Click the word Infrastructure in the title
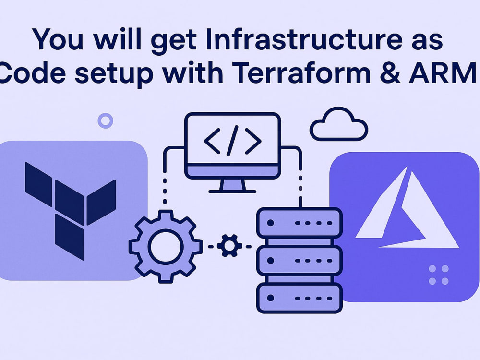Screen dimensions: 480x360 coord(304,39)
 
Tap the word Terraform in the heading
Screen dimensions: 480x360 coord(301,73)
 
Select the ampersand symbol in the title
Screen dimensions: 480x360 coord(390,73)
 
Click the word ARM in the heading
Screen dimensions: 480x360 coord(443,73)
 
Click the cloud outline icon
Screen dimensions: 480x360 coord(339,124)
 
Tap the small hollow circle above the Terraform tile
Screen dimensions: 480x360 coord(105,120)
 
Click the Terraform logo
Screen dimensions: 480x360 coord(71,211)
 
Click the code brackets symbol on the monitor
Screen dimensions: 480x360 coord(233,141)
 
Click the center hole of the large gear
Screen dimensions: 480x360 coord(166,246)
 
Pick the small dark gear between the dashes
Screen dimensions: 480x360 coord(229,246)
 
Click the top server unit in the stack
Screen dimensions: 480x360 coord(300,223)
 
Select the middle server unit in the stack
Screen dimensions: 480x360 coord(300,261)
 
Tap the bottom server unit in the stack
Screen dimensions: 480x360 coord(300,298)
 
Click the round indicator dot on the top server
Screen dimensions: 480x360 coord(270,223)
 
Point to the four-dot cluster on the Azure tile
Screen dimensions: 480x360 coord(439,275)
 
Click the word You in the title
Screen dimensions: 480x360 coord(58,39)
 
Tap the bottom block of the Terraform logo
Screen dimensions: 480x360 coord(70,237)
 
